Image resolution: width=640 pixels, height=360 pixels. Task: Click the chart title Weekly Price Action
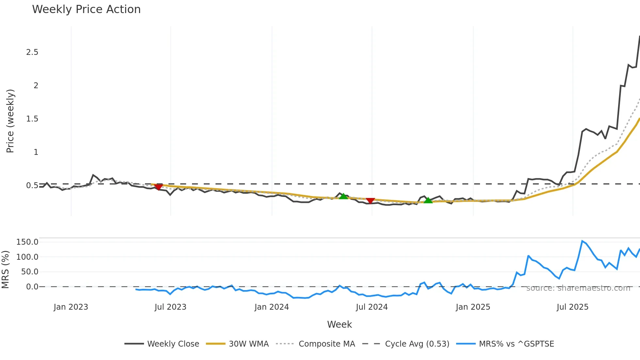86,9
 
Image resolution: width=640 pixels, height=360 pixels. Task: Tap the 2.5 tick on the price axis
32,52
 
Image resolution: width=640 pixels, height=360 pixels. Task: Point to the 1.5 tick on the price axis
32,119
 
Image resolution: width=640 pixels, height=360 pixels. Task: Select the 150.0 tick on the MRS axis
27,242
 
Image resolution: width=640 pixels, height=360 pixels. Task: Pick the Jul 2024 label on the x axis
372,307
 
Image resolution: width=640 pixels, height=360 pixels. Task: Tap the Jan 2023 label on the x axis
71,307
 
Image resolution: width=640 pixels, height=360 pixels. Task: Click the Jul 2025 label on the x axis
572,307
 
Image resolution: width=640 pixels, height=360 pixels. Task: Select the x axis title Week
339,324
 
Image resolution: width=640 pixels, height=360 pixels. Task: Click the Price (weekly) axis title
10,121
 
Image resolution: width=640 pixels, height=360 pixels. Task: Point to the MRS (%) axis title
5,270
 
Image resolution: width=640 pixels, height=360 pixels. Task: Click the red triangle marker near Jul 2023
158,187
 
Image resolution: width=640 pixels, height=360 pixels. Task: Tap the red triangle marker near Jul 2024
370,201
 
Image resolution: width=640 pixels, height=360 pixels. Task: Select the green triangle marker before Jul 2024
343,196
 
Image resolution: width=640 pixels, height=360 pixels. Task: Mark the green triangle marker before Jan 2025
428,200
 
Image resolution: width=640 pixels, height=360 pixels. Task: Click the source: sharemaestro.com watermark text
578,288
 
